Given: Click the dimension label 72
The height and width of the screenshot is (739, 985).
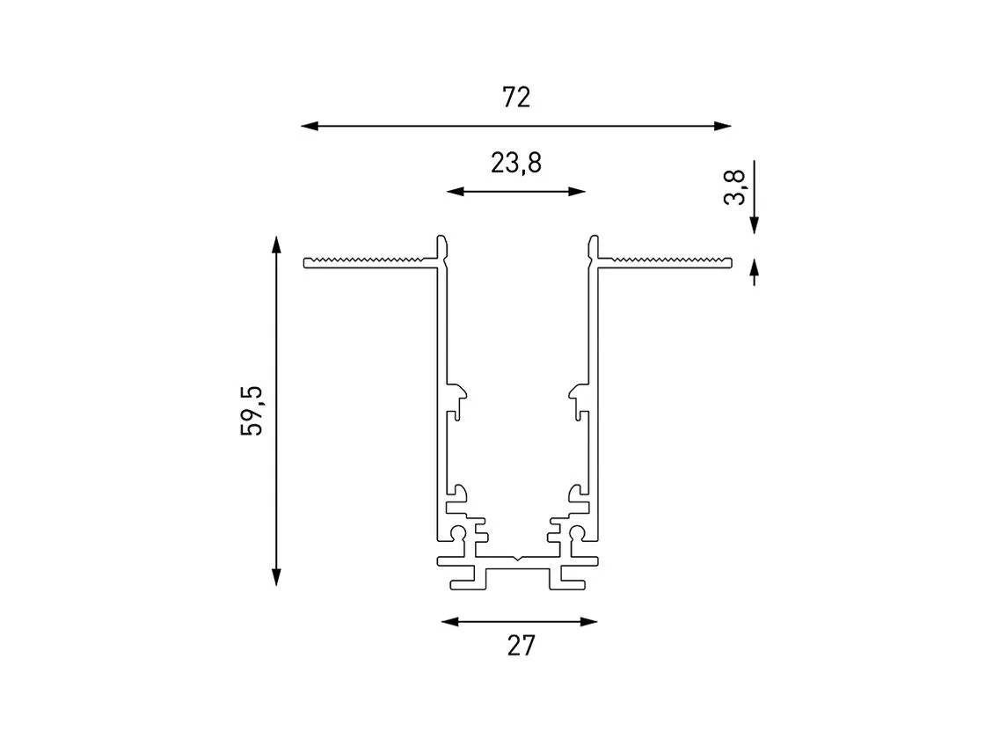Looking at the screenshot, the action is click(516, 98).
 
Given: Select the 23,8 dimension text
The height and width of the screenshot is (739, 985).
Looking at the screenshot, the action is click(515, 164).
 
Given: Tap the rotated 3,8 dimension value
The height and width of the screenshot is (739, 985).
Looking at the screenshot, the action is click(735, 187).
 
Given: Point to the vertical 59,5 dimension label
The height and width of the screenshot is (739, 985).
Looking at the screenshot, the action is click(252, 411).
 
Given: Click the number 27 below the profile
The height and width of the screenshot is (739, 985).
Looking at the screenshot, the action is click(521, 646).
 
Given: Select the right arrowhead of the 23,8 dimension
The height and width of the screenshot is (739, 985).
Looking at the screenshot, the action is click(577, 192).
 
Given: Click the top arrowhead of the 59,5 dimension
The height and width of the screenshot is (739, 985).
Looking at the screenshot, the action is click(276, 245).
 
